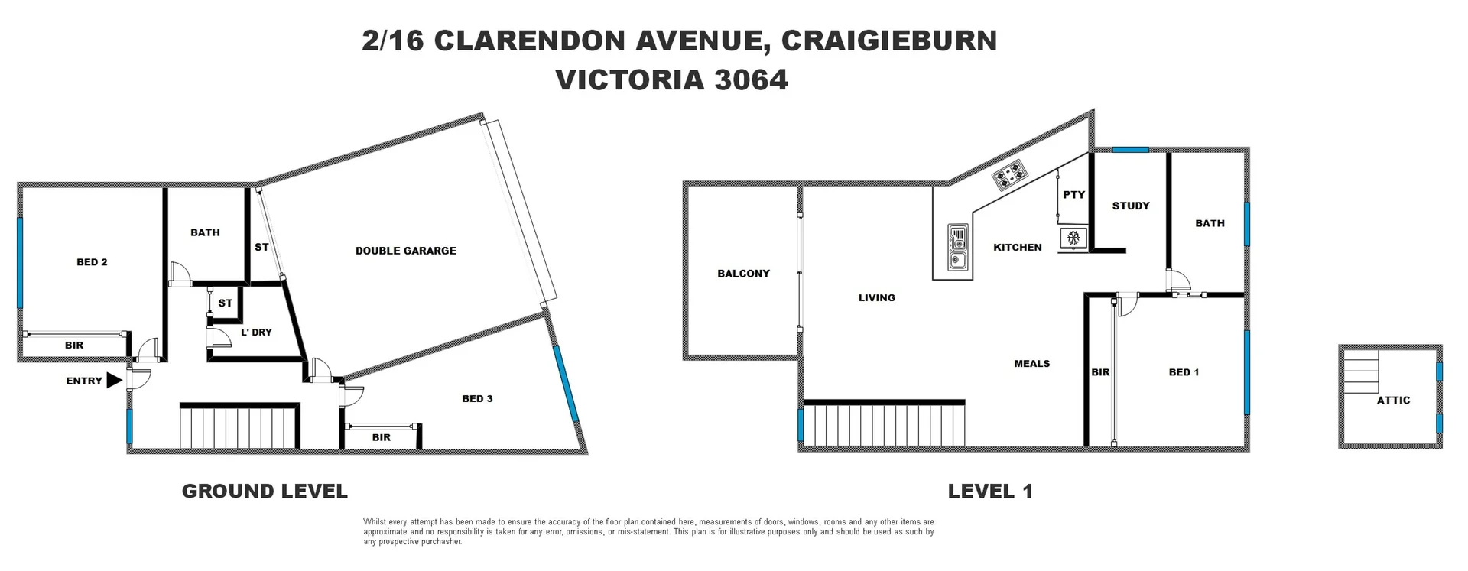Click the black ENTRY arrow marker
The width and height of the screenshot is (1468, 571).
(114, 381)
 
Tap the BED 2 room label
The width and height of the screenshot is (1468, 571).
(92, 262)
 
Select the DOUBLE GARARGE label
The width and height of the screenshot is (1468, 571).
(405, 251)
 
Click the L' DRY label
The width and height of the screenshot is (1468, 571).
(256, 333)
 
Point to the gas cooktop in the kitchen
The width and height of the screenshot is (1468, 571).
(1009, 176)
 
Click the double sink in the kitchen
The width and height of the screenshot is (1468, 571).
(957, 248)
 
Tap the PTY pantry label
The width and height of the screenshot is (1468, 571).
(1073, 195)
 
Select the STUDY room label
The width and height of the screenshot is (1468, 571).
(1130, 206)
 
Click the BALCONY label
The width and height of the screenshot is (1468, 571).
(743, 274)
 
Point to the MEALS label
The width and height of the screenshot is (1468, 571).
(1031, 364)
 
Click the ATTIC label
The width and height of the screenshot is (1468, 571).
(1393, 401)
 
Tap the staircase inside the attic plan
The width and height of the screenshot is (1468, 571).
(1360, 371)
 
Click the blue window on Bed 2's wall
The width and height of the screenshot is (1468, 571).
(20, 262)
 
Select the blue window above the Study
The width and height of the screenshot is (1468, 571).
(1130, 150)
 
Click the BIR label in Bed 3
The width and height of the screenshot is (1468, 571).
(381, 438)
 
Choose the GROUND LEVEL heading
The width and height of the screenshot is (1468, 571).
(265, 492)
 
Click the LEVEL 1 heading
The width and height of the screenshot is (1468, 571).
(990, 492)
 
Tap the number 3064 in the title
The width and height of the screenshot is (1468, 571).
(751, 80)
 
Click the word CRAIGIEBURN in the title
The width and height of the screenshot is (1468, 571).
(888, 41)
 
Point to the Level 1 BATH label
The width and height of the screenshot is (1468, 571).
(1210, 223)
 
